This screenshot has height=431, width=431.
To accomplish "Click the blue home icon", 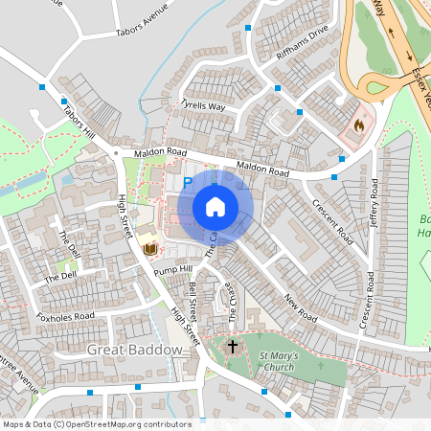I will (x=215, y=207).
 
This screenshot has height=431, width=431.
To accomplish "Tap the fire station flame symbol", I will (x=359, y=125).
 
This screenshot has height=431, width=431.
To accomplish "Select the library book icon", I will (x=148, y=248).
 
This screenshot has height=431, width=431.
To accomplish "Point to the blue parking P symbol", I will (x=188, y=182).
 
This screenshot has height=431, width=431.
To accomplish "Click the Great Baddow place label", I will (x=134, y=350).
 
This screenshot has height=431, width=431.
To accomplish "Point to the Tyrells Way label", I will (x=203, y=104).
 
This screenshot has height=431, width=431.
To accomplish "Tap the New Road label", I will (x=299, y=307).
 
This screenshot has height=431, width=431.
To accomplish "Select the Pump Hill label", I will (x=173, y=271).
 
